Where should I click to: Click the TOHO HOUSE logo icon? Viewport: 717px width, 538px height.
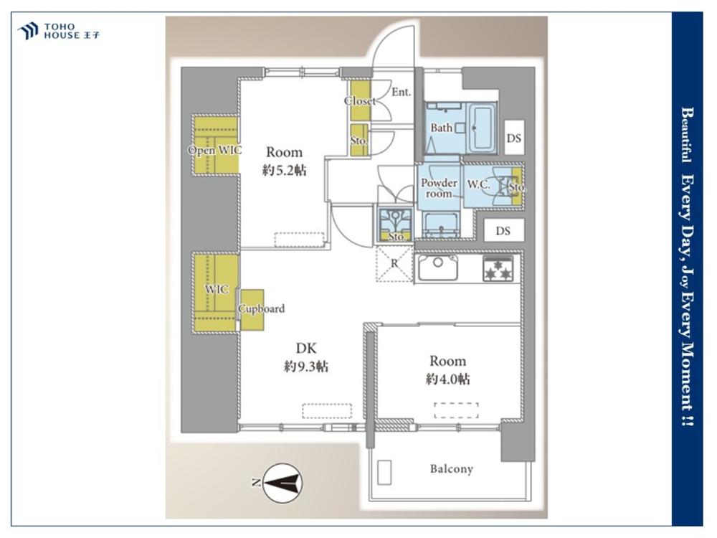(x=27, y=31)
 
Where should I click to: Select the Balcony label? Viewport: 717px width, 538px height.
(x=451, y=469)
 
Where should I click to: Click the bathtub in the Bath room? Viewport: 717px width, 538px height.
(x=483, y=128)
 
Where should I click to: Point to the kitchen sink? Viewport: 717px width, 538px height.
(x=437, y=268)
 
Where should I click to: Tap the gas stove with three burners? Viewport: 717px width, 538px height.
(x=498, y=268)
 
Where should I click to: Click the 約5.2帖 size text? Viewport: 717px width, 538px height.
(x=284, y=171)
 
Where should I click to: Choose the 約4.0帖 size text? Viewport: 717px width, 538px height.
(x=447, y=379)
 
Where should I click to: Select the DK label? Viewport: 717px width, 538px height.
(x=306, y=348)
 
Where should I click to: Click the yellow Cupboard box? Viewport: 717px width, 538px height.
(x=252, y=310)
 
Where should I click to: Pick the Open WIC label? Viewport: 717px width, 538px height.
(x=214, y=150)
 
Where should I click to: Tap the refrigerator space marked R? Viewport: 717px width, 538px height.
(x=394, y=264)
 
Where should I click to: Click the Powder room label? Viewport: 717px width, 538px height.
(x=439, y=188)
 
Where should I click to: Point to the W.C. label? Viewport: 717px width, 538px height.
(x=478, y=184)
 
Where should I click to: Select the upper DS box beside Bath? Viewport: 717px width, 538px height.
(x=514, y=138)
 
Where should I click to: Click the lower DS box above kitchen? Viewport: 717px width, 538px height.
(x=503, y=231)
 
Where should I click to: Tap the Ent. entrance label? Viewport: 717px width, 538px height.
(x=401, y=92)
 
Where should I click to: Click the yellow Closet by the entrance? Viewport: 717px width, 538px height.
(x=360, y=100)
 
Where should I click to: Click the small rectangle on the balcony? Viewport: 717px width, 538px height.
(x=384, y=472)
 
